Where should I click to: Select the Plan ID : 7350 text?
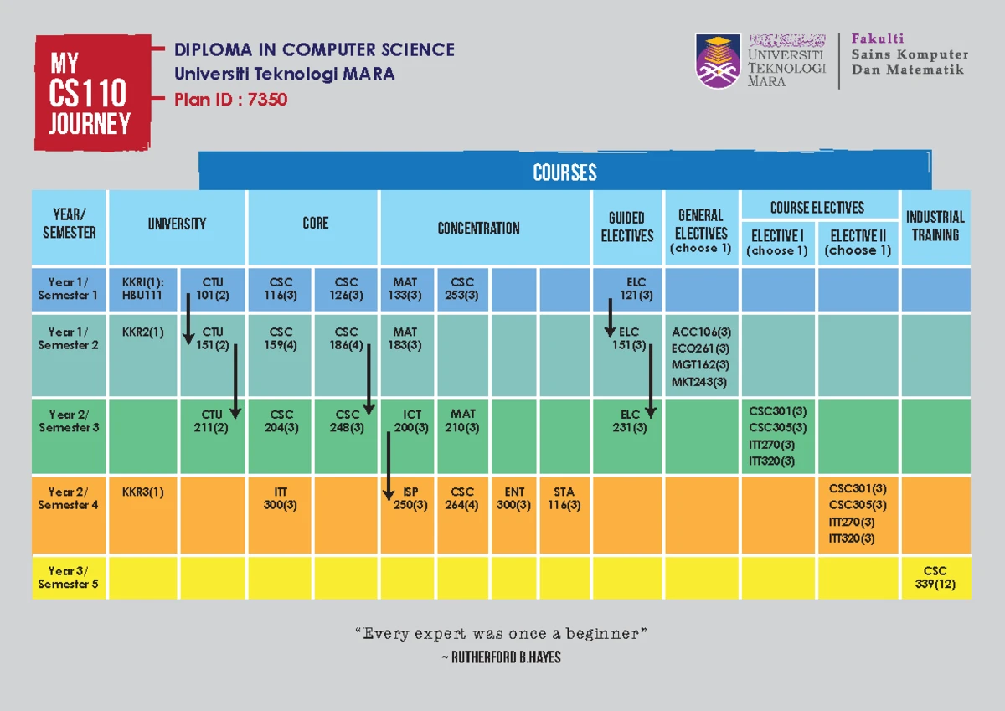[x=230, y=100]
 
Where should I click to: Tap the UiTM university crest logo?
[x=718, y=60]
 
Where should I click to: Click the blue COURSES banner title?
[x=564, y=173]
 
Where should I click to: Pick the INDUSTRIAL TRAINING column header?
[x=935, y=226]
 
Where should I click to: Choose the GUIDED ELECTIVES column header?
[x=626, y=227]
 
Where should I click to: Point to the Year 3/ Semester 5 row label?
[x=69, y=577]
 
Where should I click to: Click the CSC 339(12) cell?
[x=935, y=577]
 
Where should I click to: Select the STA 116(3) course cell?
[x=564, y=498]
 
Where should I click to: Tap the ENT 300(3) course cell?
[x=514, y=498]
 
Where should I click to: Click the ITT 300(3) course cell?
[x=281, y=498]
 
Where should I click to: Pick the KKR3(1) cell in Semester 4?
[x=142, y=492]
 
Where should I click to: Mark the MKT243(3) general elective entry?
[x=699, y=382]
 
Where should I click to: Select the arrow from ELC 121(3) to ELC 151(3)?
[x=611, y=318]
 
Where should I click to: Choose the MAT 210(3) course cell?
[x=462, y=420]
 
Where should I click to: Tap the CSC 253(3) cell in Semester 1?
[x=461, y=288]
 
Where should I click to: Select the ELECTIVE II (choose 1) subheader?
[x=858, y=242]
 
